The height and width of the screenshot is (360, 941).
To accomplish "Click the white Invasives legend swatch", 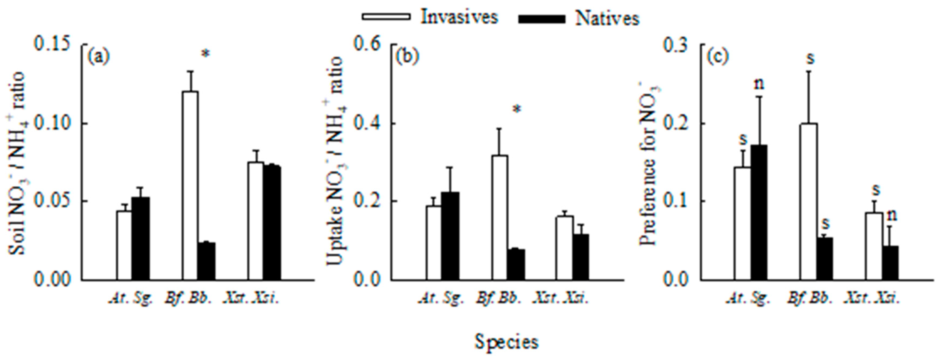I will pyautogui.click(x=386, y=17).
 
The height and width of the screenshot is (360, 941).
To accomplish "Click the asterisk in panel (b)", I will pyautogui.click(x=516, y=110).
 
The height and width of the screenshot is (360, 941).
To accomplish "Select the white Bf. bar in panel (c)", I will pyautogui.click(x=808, y=202).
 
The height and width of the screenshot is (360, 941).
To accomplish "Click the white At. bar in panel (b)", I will pyautogui.click(x=433, y=243).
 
